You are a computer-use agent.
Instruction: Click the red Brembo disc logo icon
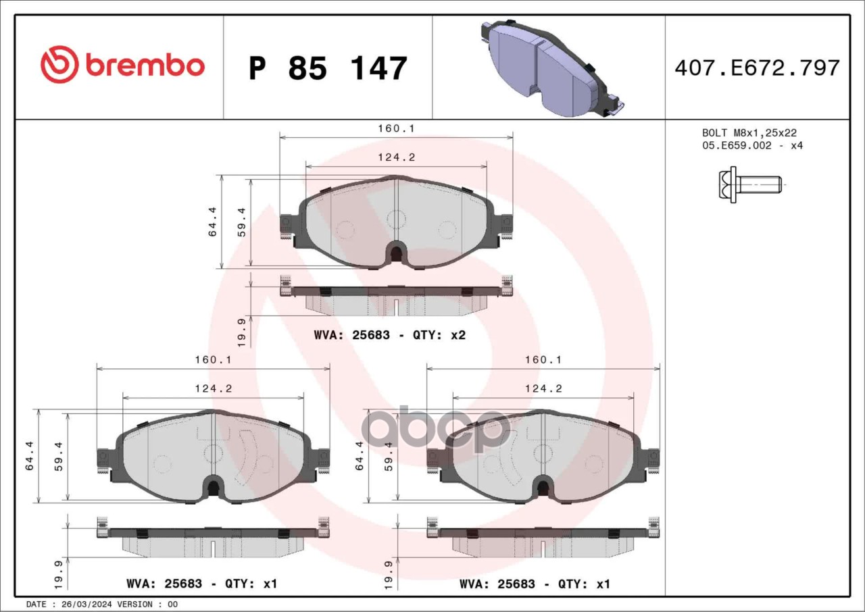[x=60, y=64]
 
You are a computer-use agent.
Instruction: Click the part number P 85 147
[x=328, y=68]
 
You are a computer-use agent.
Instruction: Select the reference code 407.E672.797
[x=758, y=68]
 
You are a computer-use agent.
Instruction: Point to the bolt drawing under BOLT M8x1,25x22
[x=750, y=185]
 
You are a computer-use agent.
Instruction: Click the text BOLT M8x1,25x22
[x=749, y=133]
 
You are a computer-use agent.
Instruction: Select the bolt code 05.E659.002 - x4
[x=752, y=145]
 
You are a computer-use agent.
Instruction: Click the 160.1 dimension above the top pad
[x=396, y=128]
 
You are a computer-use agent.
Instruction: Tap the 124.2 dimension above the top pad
[x=396, y=157]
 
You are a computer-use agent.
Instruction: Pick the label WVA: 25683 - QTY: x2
[x=390, y=335]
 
